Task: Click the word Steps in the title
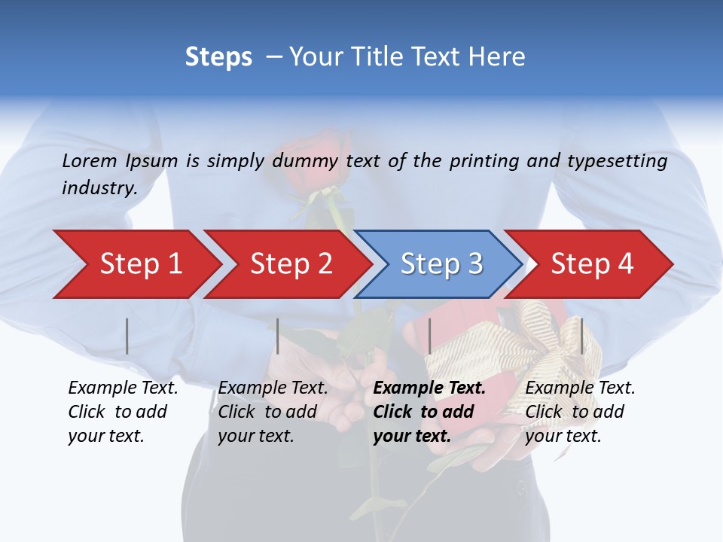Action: click(218, 56)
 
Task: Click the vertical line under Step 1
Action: click(127, 336)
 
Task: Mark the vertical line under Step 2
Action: click(278, 336)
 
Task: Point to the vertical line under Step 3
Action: click(429, 336)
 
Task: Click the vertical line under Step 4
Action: click(581, 336)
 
